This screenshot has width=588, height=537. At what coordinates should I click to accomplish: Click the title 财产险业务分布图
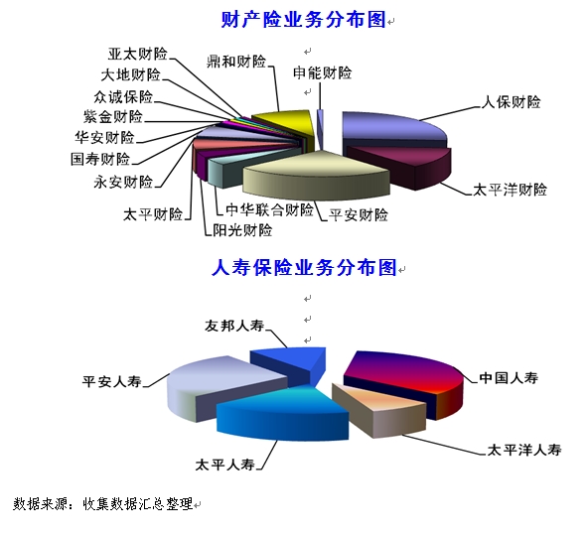tap(303, 20)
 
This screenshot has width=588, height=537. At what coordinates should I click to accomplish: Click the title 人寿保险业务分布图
tap(304, 268)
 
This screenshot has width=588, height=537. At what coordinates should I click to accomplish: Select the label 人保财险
tap(511, 102)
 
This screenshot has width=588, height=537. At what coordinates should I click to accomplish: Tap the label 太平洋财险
tap(510, 190)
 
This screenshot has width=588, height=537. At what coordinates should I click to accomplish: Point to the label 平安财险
tap(359, 215)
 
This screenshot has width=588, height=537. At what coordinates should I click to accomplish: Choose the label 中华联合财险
tap(269, 209)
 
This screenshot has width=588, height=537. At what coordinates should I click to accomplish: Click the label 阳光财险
tap(242, 230)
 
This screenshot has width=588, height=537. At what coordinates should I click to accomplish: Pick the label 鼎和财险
tap(236, 62)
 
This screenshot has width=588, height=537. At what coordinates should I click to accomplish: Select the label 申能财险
tap(323, 73)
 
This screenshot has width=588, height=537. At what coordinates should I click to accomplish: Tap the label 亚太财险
tap(138, 54)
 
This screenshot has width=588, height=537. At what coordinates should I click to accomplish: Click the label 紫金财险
tap(113, 116)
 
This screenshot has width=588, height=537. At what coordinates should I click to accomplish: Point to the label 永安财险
tap(123, 182)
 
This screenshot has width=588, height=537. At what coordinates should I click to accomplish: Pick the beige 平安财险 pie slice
tap(316, 175)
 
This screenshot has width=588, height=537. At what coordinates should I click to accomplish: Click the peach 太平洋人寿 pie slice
tap(378, 409)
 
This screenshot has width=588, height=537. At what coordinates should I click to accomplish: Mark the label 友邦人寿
tap(234, 326)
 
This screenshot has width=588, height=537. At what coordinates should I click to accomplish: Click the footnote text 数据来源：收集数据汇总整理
tap(102, 503)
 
